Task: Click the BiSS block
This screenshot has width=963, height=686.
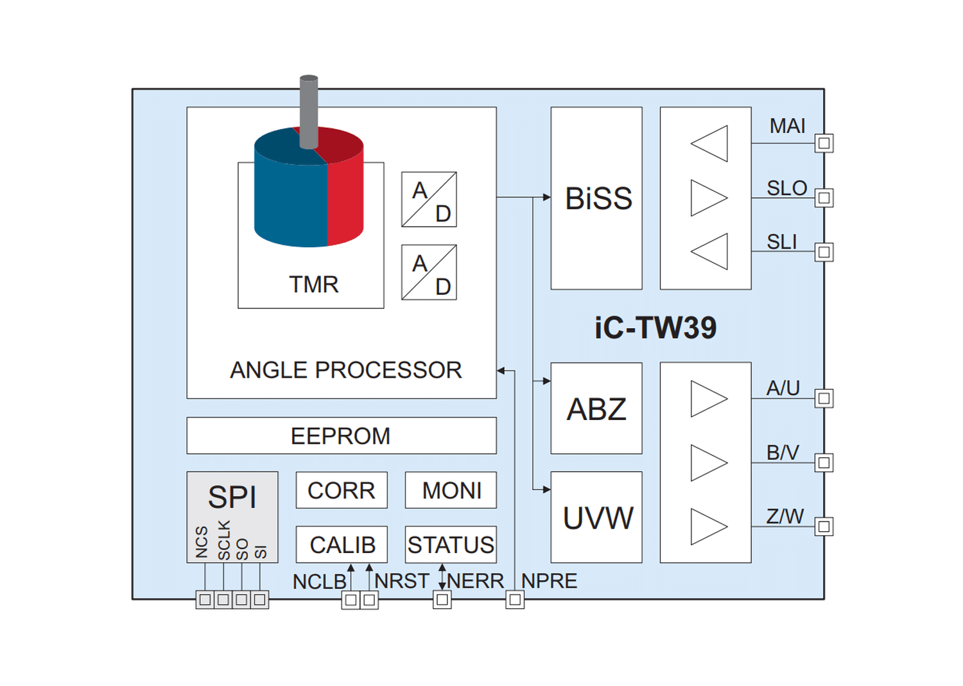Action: [596, 198]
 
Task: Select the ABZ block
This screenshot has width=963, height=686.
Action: [596, 409]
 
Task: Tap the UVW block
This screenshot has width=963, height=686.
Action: [596, 517]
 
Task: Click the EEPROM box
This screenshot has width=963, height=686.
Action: [341, 435]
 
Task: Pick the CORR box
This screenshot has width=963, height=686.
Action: [342, 490]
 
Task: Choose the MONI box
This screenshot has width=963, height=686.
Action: [451, 490]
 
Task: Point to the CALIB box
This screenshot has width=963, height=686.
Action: [342, 545]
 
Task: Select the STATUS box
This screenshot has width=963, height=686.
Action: [451, 545]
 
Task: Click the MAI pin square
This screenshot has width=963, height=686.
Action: [824, 143]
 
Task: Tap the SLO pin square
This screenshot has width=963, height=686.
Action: [824, 198]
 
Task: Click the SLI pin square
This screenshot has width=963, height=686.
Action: [824, 252]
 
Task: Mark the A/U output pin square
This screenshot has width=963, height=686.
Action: [824, 398]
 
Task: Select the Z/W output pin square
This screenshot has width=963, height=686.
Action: [824, 527]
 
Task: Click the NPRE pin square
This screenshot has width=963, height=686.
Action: [515, 600]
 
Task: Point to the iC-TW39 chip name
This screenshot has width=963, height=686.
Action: [655, 328]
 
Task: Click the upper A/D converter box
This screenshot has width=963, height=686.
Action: [429, 200]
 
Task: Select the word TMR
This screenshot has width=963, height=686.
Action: [313, 284]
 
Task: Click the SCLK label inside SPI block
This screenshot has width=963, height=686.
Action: [223, 540]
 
